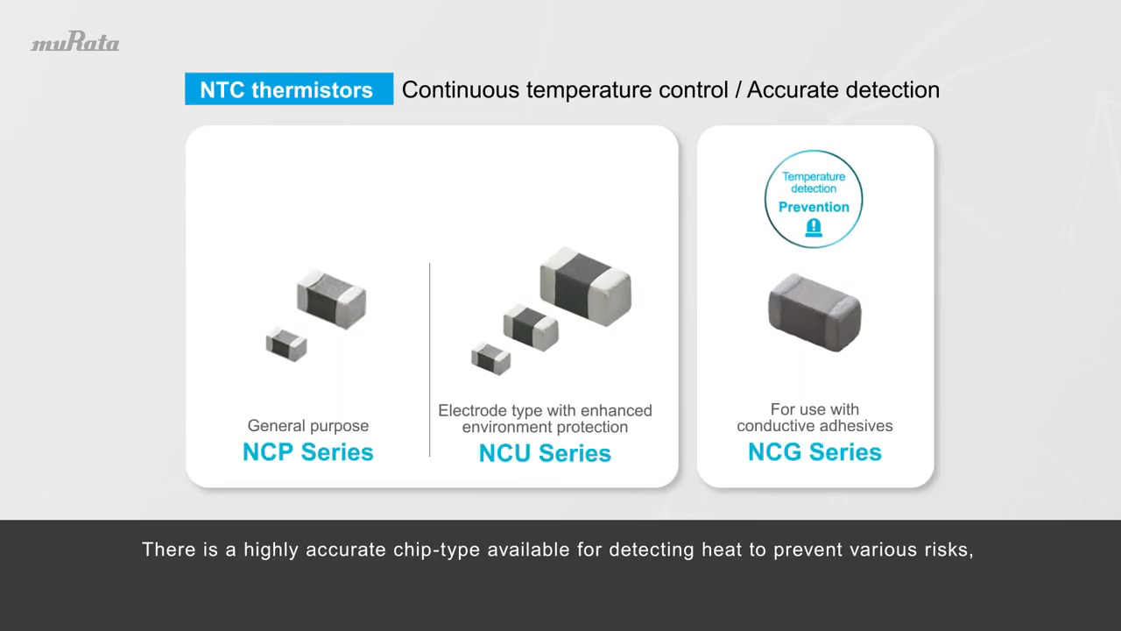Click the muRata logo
[75, 43]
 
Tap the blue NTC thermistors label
[288, 89]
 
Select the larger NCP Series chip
[331, 298]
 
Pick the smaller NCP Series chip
[286, 343]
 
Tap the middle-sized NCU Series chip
[530, 325]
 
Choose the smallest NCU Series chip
[490, 357]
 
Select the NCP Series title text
[308, 452]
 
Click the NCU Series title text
[545, 453]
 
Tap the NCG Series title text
[814, 452]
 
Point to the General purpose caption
[308, 426]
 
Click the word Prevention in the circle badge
[814, 207]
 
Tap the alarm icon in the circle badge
[814, 229]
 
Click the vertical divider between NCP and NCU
[429, 359]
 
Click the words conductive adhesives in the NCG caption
[814, 426]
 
